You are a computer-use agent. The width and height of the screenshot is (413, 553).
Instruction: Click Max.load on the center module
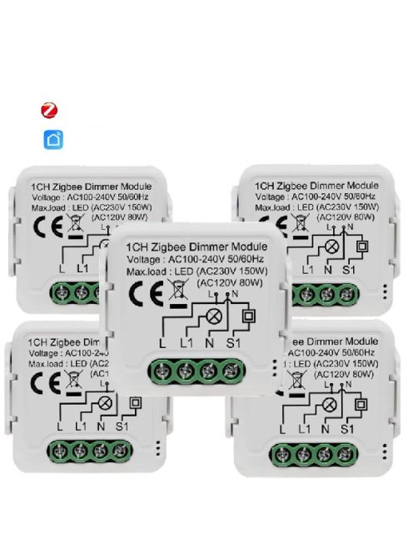click(147, 272)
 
